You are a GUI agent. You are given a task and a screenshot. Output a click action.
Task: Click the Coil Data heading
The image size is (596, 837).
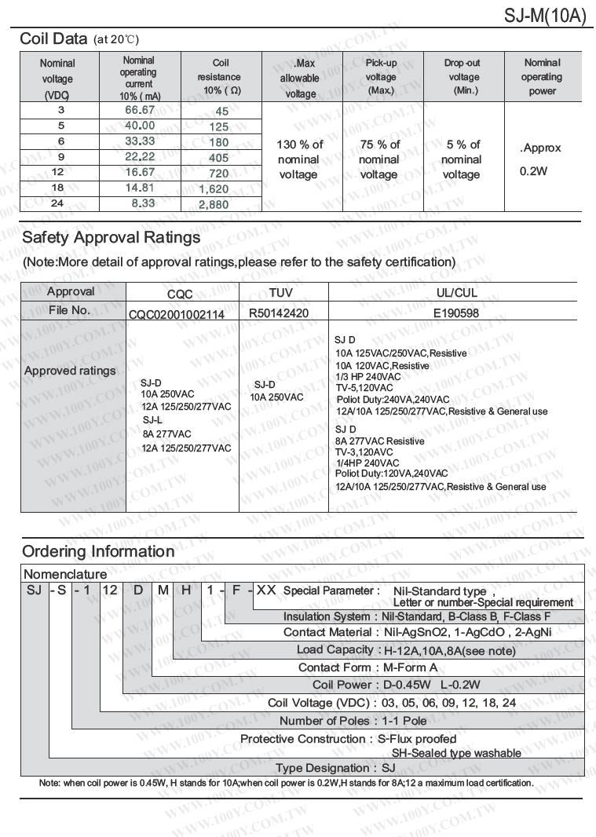53,38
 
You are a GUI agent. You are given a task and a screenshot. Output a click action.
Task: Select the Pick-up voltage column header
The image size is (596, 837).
381,76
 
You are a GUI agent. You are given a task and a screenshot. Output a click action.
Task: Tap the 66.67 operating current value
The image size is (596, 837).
140,110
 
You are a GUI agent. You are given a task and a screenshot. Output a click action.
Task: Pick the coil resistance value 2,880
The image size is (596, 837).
214,204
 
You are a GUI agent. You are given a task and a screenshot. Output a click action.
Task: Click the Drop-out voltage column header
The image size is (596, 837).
463,76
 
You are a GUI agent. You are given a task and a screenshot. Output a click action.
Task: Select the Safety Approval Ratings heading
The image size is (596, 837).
111,237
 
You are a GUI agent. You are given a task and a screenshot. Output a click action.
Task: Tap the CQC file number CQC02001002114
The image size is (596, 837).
177,314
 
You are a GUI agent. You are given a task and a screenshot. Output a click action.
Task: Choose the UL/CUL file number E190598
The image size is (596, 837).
456,313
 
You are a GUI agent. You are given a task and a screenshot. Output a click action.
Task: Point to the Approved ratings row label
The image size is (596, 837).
70,371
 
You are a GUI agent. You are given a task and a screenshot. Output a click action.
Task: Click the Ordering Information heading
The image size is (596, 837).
98,551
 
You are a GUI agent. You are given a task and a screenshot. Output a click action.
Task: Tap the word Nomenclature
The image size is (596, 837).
65,575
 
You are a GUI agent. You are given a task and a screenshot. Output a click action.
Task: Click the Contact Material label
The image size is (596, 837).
327,632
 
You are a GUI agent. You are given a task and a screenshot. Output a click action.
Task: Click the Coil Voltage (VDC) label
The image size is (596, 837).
319,703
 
